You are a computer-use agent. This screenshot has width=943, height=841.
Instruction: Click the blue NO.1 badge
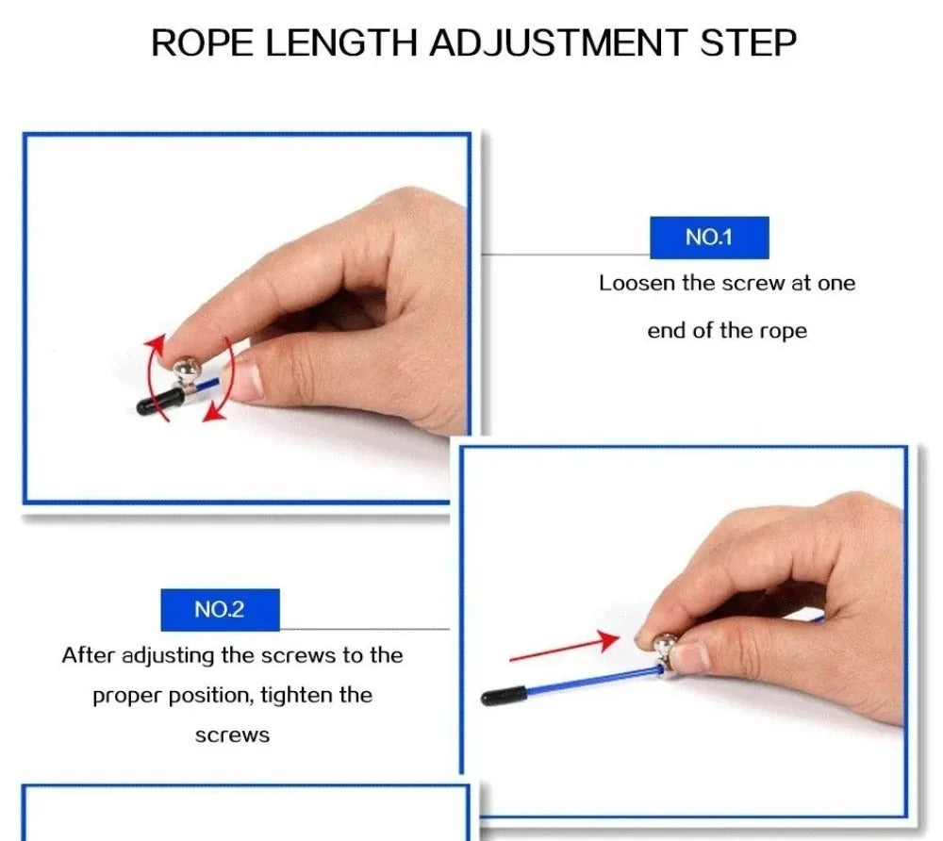pos(709,238)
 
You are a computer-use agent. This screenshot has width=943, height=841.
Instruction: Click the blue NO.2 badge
pos(220,610)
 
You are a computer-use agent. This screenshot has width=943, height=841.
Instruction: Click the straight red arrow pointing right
pos(563,649)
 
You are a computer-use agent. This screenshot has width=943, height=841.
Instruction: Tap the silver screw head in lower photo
pos(667,645)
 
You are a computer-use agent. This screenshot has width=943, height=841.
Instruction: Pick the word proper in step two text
pos(126,696)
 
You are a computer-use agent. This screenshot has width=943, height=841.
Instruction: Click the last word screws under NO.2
pos(232,735)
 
